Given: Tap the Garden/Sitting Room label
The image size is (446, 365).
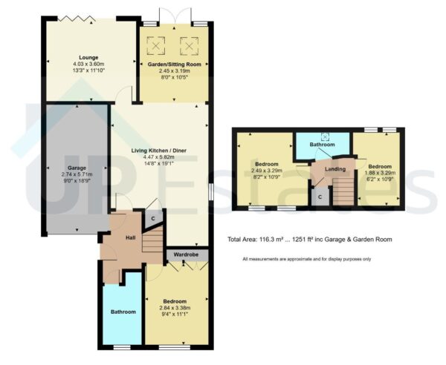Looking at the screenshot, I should (x=177, y=65).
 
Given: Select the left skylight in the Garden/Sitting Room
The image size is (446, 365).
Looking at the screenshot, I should (x=156, y=47).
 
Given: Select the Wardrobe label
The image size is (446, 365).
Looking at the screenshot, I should (x=187, y=254).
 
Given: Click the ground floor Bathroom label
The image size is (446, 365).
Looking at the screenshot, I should (x=123, y=312).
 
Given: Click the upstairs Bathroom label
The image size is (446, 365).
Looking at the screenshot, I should (x=322, y=145).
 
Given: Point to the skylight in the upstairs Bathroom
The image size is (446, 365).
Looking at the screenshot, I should (x=324, y=136).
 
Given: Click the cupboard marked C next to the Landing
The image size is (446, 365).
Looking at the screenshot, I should (x=320, y=197).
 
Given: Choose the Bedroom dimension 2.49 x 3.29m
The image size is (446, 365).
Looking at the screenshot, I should (x=266, y=170).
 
